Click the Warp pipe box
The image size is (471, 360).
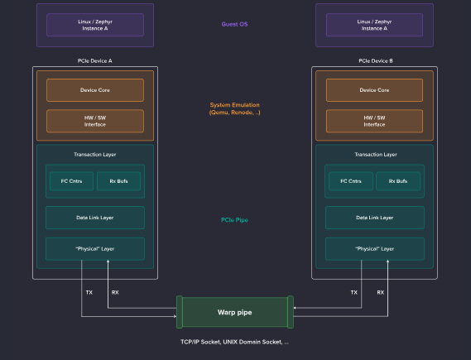[x=235, y=313]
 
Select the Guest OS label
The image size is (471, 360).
[x=234, y=24]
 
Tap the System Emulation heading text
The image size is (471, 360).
[x=235, y=108]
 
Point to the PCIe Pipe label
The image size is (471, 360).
[x=235, y=219]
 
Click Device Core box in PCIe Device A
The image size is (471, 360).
[x=95, y=90]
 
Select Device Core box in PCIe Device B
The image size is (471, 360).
[x=374, y=90]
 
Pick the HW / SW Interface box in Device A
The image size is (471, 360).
[x=95, y=121]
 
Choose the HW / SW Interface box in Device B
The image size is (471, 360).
[x=374, y=121]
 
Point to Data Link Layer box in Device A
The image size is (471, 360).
[x=95, y=218]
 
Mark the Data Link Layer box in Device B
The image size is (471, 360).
[x=374, y=218]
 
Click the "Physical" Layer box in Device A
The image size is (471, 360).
[x=95, y=248]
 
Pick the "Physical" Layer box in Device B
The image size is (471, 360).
[x=374, y=248]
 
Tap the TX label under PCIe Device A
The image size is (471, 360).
[x=89, y=292]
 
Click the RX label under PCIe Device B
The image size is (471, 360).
[x=381, y=292]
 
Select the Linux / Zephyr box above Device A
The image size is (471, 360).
[x=95, y=25]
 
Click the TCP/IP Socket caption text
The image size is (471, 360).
[x=235, y=341]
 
